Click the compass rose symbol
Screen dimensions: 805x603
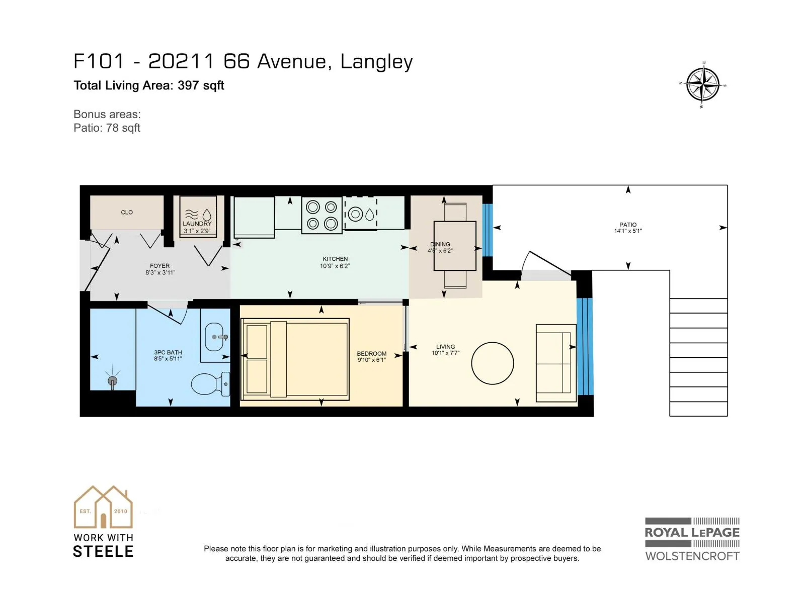click(702, 85)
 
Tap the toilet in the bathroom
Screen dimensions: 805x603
click(210, 384)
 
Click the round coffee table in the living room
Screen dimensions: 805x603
click(492, 363)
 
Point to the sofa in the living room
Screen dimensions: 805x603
click(556, 363)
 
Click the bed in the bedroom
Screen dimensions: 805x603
click(295, 359)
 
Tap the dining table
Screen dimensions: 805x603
click(455, 246)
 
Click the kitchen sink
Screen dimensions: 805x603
click(361, 214)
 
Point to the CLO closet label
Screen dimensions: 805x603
click(127, 213)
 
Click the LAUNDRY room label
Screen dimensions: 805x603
click(197, 224)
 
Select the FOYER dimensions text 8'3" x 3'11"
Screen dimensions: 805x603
click(160, 272)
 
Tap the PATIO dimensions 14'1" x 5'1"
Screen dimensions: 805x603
click(628, 231)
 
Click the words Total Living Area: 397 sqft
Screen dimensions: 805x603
click(149, 85)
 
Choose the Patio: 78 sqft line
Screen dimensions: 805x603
click(107, 128)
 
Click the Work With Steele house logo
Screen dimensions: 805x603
click(103, 521)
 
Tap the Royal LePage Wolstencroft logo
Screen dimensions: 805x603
click(692, 539)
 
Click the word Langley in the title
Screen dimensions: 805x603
click(377, 62)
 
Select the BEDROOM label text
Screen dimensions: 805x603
click(371, 354)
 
